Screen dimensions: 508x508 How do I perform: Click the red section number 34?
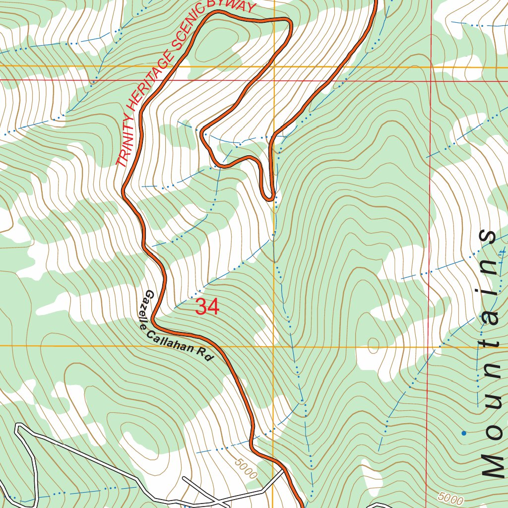tap(207, 307)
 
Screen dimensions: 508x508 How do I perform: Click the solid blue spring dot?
tap(464, 433)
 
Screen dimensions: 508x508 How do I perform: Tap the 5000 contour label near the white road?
tap(247, 468)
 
